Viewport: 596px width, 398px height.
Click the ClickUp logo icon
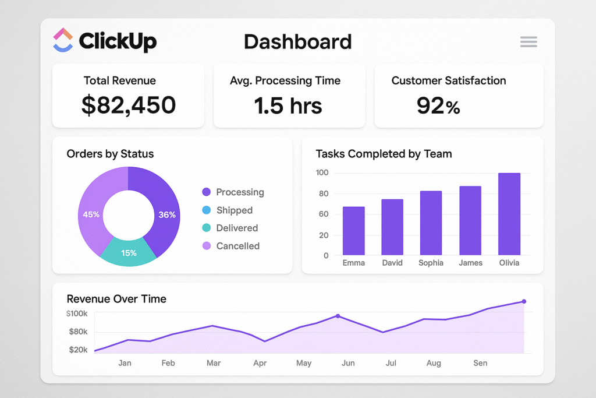[63, 41]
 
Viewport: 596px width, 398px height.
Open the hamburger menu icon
[528, 41]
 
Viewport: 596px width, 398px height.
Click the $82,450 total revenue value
[129, 105]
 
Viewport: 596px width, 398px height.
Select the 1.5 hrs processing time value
[289, 105]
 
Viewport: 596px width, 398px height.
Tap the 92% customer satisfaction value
[438, 105]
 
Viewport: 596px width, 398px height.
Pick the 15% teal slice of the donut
[129, 253]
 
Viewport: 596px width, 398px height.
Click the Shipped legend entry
[234, 210]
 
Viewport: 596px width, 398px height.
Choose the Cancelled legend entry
[237, 246]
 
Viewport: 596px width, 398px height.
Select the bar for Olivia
[509, 214]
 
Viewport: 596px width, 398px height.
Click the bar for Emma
[354, 231]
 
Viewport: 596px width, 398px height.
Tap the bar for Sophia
[431, 223]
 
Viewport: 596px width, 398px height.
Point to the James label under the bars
[470, 263]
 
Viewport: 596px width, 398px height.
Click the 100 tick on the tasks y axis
[322, 172]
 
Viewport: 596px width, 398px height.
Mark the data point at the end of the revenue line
[524, 301]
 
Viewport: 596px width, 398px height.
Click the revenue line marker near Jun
[338, 316]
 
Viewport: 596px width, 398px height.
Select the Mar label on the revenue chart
[214, 363]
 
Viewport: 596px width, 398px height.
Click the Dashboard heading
[297, 41]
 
